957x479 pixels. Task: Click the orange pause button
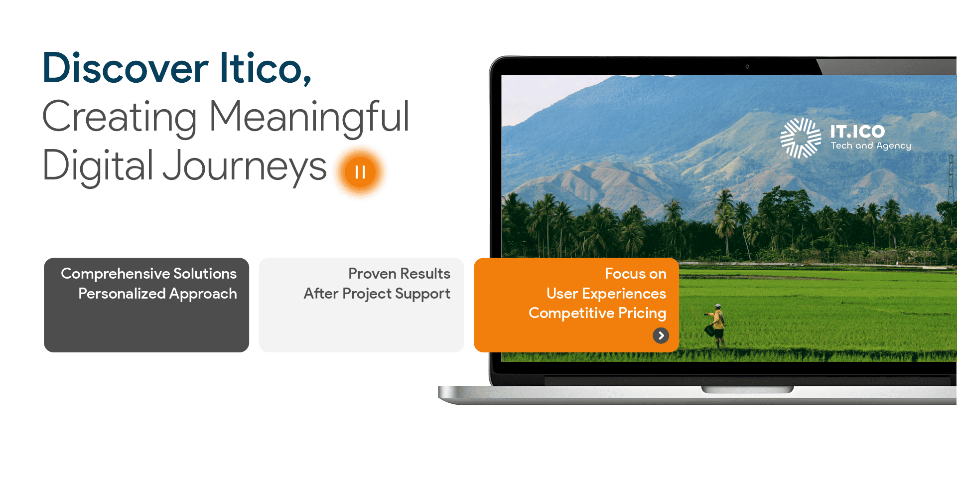(x=360, y=172)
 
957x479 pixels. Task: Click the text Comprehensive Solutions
(x=148, y=274)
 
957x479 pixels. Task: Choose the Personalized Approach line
(x=157, y=294)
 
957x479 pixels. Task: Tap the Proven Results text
(x=399, y=274)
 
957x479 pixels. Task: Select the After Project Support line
(x=377, y=294)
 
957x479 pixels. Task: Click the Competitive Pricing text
(x=597, y=313)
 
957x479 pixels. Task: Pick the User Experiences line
(x=606, y=294)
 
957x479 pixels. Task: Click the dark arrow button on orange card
(x=661, y=336)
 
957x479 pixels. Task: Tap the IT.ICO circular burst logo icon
(x=801, y=138)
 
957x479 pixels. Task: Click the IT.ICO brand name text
(x=857, y=132)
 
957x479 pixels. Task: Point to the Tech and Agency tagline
(x=871, y=146)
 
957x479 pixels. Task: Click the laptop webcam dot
(x=747, y=66)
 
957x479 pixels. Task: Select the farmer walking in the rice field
(x=715, y=325)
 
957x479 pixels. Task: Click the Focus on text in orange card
(x=635, y=274)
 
